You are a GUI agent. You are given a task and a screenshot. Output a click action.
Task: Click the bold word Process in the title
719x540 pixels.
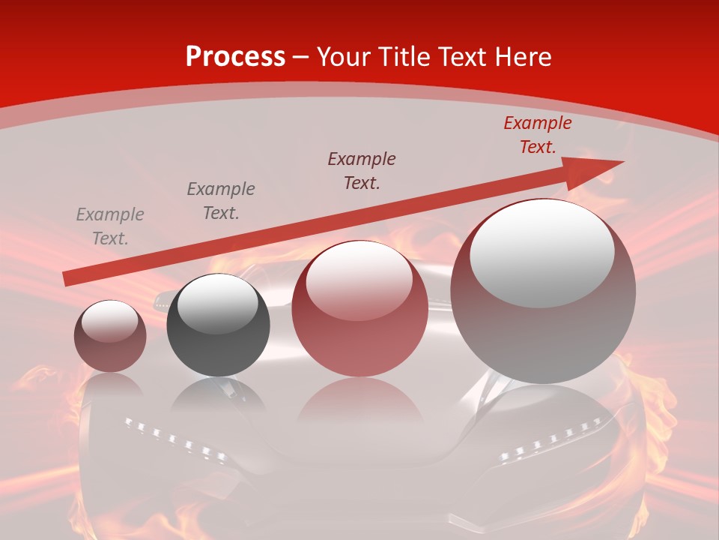[x=235, y=57]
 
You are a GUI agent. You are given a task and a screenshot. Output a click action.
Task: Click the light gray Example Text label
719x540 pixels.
[x=110, y=226]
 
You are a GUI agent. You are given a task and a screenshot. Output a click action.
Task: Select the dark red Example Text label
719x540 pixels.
[x=538, y=135]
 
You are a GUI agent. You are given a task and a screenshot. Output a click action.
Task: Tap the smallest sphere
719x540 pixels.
[x=110, y=336]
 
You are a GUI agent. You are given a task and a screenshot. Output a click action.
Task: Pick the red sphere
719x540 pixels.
[x=359, y=309]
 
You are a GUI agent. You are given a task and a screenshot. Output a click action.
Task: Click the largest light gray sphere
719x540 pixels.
[x=543, y=292]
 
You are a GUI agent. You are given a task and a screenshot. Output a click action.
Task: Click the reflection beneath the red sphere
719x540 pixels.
[x=359, y=401]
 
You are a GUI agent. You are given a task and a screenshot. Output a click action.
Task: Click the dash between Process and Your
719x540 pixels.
[x=300, y=58]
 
